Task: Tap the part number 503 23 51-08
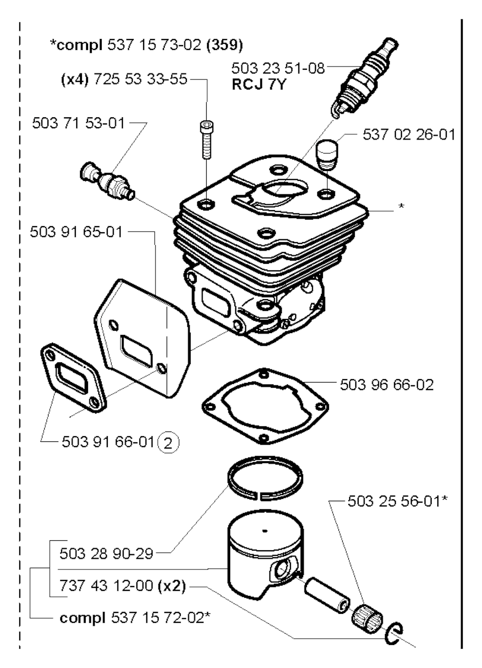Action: [278, 68]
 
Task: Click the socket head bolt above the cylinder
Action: [205, 139]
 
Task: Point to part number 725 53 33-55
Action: [140, 79]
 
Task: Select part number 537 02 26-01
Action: [409, 135]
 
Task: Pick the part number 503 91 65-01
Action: [76, 231]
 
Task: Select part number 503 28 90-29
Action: [106, 553]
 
